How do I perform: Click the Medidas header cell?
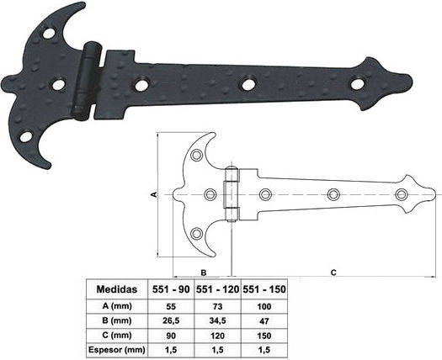tap(117, 289)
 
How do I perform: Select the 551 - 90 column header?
tap(171, 289)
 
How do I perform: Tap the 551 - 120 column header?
tap(217, 289)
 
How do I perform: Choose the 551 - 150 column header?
tap(264, 289)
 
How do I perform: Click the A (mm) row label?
tap(117, 306)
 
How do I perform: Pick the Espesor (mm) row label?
tap(117, 350)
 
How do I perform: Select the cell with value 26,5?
tap(171, 320)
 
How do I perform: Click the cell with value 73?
tap(217, 306)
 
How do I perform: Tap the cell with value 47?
tap(264, 320)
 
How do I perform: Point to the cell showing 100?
tap(264, 306)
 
